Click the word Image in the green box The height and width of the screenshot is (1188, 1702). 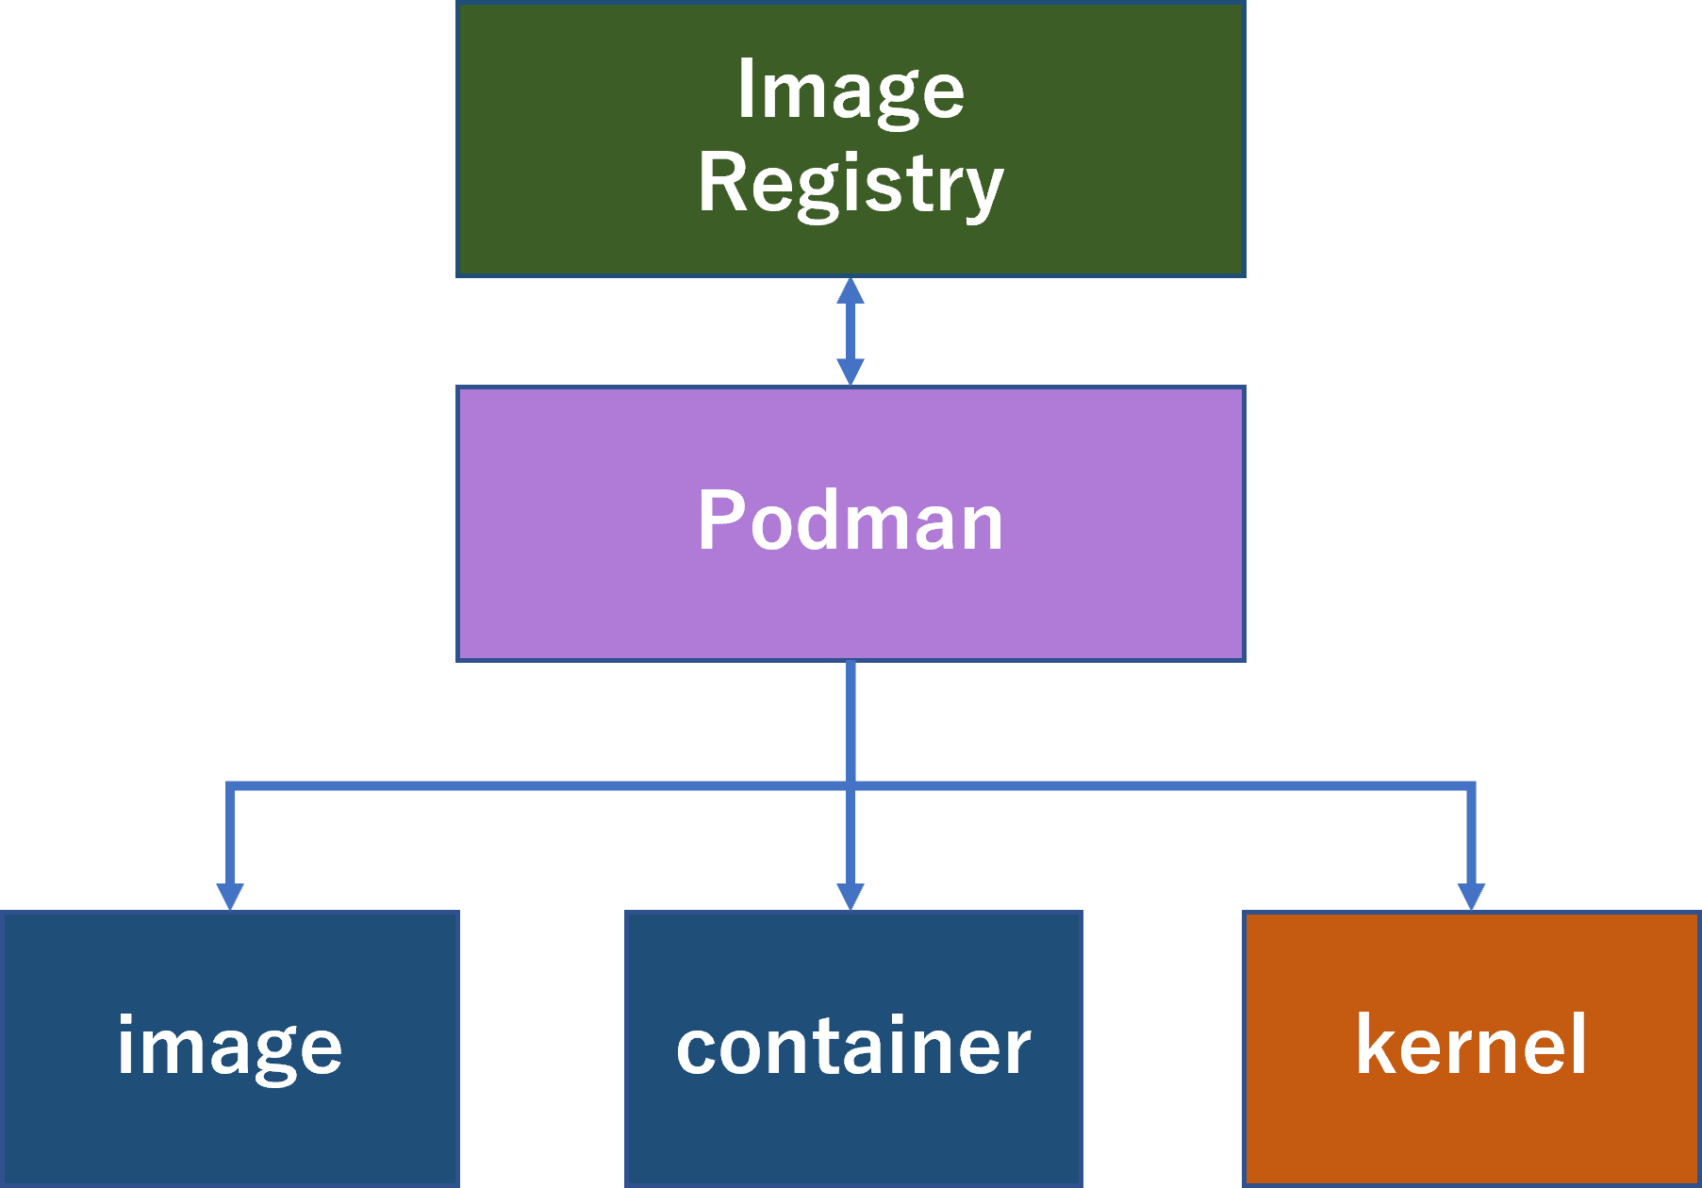[x=851, y=91]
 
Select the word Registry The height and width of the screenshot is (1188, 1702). [x=851, y=184]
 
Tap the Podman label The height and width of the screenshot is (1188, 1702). [x=851, y=521]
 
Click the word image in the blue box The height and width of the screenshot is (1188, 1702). [x=229, y=1047]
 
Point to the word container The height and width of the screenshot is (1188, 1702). [x=853, y=1047]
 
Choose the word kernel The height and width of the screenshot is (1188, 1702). [x=1471, y=1045]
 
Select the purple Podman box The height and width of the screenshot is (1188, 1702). [x=851, y=603]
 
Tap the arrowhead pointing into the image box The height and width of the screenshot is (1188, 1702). [x=230, y=896]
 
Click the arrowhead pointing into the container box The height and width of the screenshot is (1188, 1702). [x=851, y=896]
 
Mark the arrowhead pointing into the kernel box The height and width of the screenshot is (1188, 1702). [x=1471, y=896]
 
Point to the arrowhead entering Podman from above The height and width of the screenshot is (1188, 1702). [x=851, y=372]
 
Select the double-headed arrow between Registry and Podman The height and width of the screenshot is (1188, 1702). [x=851, y=331]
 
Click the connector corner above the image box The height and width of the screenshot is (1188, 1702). [x=230, y=786]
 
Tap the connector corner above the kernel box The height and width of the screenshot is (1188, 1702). [x=1471, y=786]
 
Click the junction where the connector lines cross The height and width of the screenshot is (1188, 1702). [x=851, y=786]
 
